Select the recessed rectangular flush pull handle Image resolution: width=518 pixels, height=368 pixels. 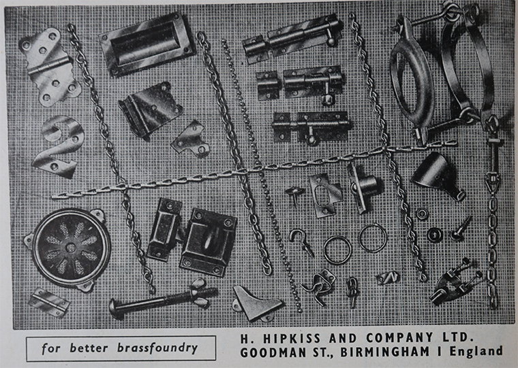pyautogui.click(x=146, y=44)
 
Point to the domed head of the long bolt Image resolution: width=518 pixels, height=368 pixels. pyautogui.click(x=115, y=308)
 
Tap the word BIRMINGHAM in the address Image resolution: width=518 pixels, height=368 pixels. pyautogui.click(x=384, y=352)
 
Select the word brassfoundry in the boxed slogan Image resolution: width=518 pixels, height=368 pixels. pyautogui.click(x=157, y=348)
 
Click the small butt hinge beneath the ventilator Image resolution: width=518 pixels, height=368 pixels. pyautogui.click(x=48, y=303)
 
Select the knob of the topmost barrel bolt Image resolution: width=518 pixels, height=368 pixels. pyautogui.click(x=330, y=41)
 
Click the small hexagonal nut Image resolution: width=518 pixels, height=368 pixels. pyautogui.click(x=422, y=214)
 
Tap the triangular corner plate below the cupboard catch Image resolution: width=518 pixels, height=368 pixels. pyautogui.click(x=254, y=303)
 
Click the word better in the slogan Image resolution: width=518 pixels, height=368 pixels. pyautogui.click(x=89, y=348)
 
